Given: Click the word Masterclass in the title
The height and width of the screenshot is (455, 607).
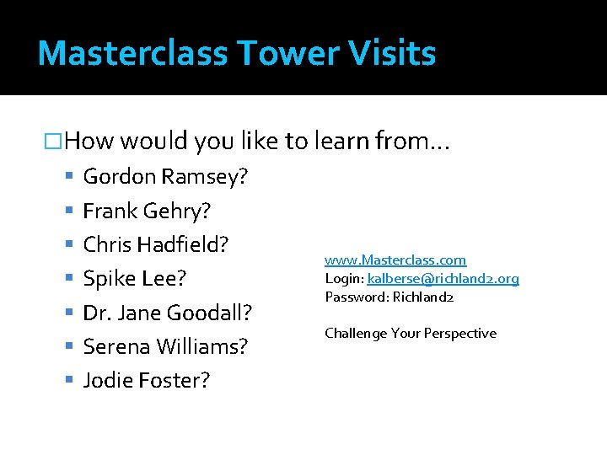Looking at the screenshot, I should (x=132, y=53).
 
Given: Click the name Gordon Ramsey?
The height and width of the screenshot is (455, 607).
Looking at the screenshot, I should (x=164, y=176).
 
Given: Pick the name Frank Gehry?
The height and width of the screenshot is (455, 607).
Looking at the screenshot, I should (x=147, y=210).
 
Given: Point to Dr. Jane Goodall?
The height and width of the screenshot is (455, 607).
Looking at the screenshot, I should (x=167, y=313).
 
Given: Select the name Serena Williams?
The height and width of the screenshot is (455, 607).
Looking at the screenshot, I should (x=165, y=346).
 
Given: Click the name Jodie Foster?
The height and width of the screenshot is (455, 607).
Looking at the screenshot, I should (x=147, y=380).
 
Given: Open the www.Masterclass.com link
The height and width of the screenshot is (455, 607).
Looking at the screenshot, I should (x=395, y=260).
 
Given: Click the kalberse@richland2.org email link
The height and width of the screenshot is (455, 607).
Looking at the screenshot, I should (x=443, y=278).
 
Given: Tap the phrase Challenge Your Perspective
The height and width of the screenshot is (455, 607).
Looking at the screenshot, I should (x=411, y=333).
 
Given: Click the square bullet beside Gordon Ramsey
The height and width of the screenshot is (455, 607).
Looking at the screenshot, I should (x=70, y=177).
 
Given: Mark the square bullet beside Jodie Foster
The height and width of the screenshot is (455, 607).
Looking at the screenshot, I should (x=70, y=381).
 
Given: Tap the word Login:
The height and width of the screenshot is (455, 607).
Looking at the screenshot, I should (x=344, y=278).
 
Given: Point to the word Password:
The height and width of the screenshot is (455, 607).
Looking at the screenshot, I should (x=352, y=297).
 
